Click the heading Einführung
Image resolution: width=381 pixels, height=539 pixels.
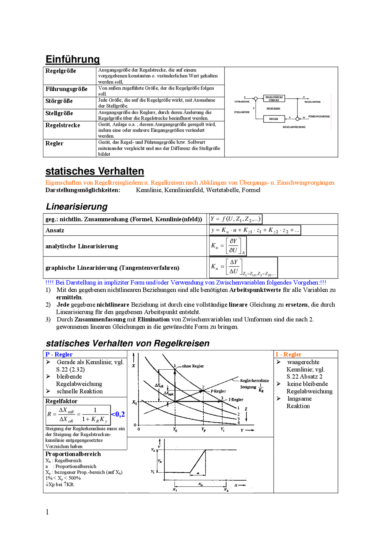(72, 59)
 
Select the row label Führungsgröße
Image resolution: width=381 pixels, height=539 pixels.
(66, 89)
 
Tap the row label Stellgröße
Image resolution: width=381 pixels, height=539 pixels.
(59, 113)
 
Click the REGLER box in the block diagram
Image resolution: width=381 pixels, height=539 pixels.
(274, 119)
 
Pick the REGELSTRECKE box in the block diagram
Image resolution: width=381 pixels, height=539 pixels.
(274, 99)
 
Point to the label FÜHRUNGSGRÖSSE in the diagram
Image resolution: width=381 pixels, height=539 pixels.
(319, 117)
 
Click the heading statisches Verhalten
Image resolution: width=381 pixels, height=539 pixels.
(95, 171)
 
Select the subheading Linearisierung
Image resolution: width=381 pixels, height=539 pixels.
(76, 207)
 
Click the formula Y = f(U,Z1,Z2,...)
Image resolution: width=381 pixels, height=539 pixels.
(235, 219)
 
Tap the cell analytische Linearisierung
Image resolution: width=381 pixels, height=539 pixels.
(82, 246)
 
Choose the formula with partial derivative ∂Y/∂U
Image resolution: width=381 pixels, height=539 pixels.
(228, 246)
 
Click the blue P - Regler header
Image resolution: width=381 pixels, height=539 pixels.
(59, 354)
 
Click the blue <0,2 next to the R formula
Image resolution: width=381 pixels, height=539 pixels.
(118, 414)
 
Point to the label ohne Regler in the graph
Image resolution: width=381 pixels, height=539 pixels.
(193, 366)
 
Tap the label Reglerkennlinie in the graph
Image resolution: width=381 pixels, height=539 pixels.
(254, 381)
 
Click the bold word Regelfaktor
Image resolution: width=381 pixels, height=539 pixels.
(61, 401)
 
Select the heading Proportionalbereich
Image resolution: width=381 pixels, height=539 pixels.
(73, 454)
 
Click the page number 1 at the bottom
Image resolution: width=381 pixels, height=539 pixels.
(47, 512)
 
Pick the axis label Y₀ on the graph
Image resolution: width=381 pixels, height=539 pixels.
(175, 430)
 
